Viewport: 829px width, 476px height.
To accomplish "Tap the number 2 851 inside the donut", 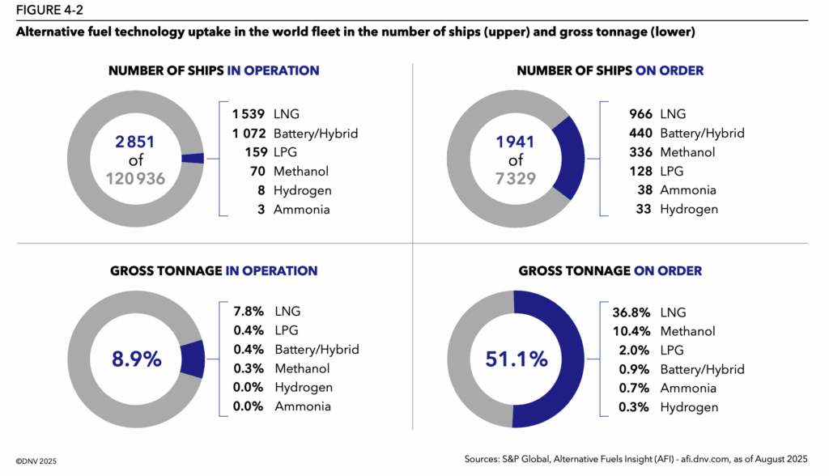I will (x=134, y=142).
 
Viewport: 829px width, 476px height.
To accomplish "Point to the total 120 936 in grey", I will (x=135, y=178).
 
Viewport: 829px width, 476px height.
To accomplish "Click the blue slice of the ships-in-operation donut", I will (x=193, y=159).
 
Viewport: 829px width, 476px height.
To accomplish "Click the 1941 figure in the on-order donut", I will (x=515, y=142).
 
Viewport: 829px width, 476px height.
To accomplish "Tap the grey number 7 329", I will (x=516, y=178).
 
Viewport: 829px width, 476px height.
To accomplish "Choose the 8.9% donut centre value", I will (x=135, y=359).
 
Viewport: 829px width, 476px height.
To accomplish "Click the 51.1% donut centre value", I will (x=516, y=359).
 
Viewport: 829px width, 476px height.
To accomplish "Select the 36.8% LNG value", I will (x=630, y=312).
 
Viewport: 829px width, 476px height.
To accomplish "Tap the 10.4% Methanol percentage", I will (x=630, y=331).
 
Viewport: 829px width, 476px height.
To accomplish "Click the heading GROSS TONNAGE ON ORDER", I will (x=610, y=270).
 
